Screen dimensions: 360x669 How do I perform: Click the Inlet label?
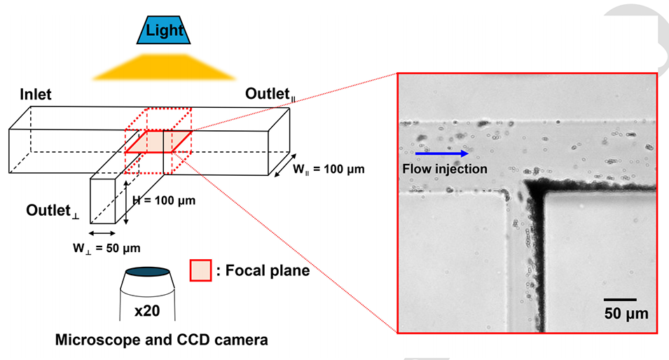(35, 94)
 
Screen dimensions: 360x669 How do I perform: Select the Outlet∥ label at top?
(270, 95)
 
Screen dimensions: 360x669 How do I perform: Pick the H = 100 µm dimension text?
(165, 200)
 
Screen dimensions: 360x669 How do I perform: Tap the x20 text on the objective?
(146, 310)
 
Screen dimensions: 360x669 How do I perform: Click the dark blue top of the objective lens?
(147, 272)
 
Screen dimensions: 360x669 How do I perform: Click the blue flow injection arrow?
(442, 153)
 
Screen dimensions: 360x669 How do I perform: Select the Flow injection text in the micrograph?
(444, 168)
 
